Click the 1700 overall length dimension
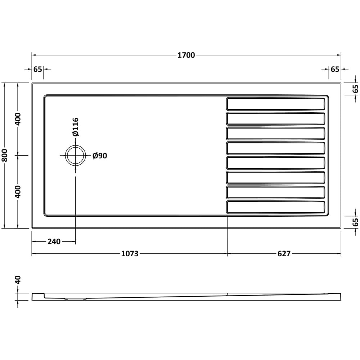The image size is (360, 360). point(186,55)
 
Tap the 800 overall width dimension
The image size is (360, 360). point(4,156)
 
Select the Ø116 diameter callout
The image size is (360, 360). point(75,127)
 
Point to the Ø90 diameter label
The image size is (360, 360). point(100,156)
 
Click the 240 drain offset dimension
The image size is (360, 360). point(54,242)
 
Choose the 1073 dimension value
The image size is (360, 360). point(130,254)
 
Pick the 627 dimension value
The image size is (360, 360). point(284,254)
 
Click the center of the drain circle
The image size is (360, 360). point(75,156)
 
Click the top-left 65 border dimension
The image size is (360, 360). point(38,69)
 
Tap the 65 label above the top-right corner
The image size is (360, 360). point(335,69)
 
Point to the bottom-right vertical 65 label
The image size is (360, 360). point(355,222)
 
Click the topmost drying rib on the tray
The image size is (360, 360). point(276,104)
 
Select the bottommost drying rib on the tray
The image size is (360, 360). point(276,207)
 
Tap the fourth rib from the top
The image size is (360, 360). point(276,148)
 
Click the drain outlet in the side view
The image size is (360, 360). point(75,298)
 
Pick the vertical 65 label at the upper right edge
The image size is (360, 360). point(355,89)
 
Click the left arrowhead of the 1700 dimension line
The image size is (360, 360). point(33,55)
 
